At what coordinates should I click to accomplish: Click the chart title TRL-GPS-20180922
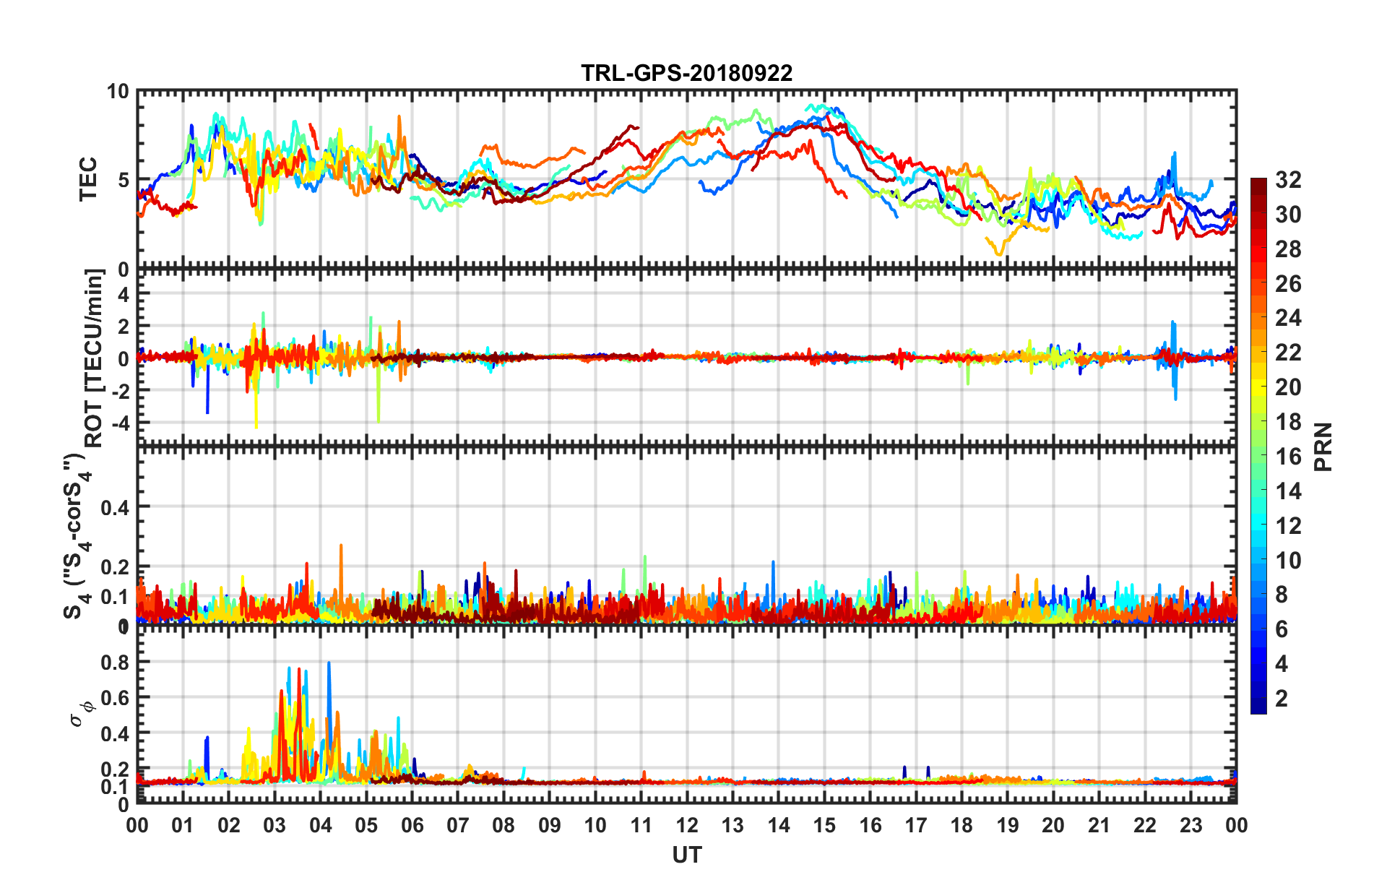[686, 73]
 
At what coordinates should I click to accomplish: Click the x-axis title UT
[686, 855]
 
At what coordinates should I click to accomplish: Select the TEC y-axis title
[88, 179]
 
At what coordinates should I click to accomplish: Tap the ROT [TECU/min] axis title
[95, 358]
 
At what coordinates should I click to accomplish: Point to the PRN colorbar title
[1323, 447]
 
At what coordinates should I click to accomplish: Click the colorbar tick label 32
[1287, 180]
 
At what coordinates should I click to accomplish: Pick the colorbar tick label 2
[1282, 698]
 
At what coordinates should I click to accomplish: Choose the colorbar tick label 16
[1287, 457]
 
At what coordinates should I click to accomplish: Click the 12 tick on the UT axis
[686, 825]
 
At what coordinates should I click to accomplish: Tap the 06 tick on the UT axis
[412, 825]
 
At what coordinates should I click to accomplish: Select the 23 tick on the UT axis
[1191, 825]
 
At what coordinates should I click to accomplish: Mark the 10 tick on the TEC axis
[118, 92]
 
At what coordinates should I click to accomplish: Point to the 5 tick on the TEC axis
[123, 180]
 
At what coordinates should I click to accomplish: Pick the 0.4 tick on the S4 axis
[115, 507]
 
